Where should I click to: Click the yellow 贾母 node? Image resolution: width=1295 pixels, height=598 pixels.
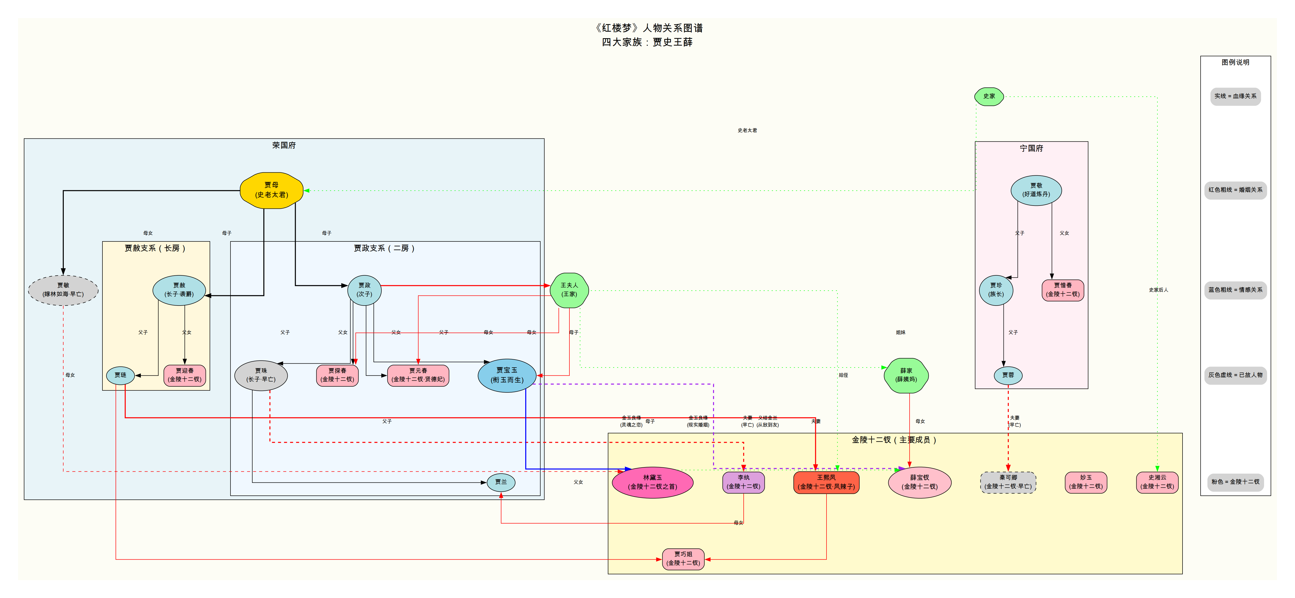pos(271,190)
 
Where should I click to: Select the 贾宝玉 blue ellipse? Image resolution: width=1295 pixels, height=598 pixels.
pos(507,375)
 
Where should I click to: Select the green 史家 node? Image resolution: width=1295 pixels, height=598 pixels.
pos(989,96)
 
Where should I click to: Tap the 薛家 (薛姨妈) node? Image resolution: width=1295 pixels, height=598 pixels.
pos(906,375)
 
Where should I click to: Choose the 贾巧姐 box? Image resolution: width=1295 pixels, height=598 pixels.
pos(683,559)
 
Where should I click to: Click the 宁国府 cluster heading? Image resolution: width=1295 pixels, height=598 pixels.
pos(1031,148)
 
